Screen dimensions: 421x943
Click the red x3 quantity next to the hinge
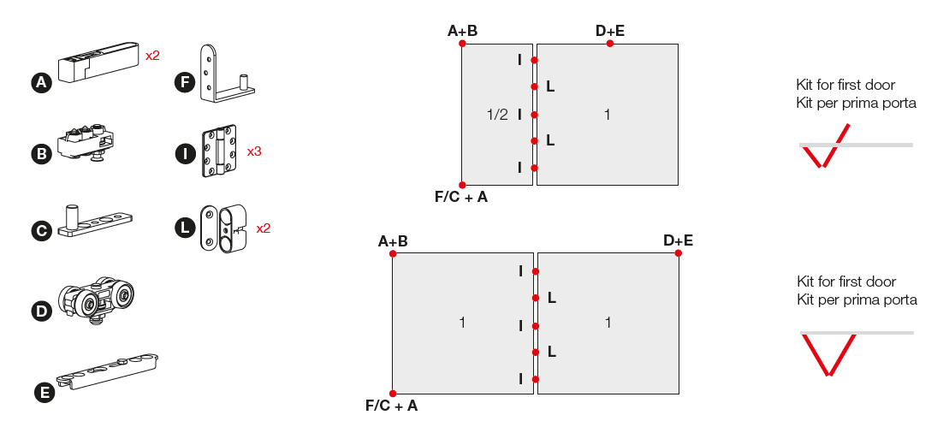tap(254, 151)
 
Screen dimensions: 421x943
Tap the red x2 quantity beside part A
tap(152, 56)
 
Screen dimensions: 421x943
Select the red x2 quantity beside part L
tap(263, 228)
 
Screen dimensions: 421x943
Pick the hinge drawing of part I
tap(217, 152)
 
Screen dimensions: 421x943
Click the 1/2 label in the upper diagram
tap(497, 115)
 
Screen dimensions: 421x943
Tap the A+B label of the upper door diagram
tap(462, 32)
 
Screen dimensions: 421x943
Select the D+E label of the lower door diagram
tap(678, 240)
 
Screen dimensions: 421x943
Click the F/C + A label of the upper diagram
tap(461, 198)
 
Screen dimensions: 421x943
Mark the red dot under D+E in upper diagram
tap(609, 44)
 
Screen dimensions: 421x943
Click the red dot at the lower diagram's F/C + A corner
tap(392, 393)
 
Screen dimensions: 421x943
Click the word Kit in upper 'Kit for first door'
tap(806, 86)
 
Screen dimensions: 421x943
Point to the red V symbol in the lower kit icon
tap(827, 354)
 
